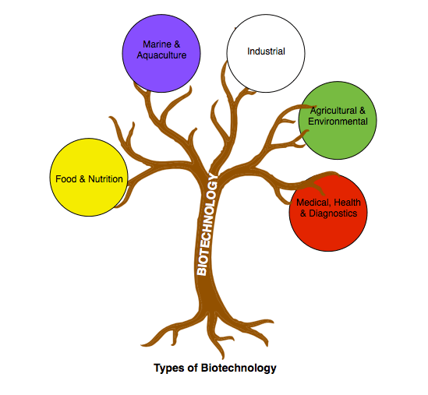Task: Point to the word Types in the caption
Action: (x=168, y=368)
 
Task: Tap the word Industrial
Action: (x=266, y=51)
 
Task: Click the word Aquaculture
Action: (x=163, y=56)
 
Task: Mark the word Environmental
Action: (x=338, y=122)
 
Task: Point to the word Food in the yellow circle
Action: (x=65, y=179)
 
